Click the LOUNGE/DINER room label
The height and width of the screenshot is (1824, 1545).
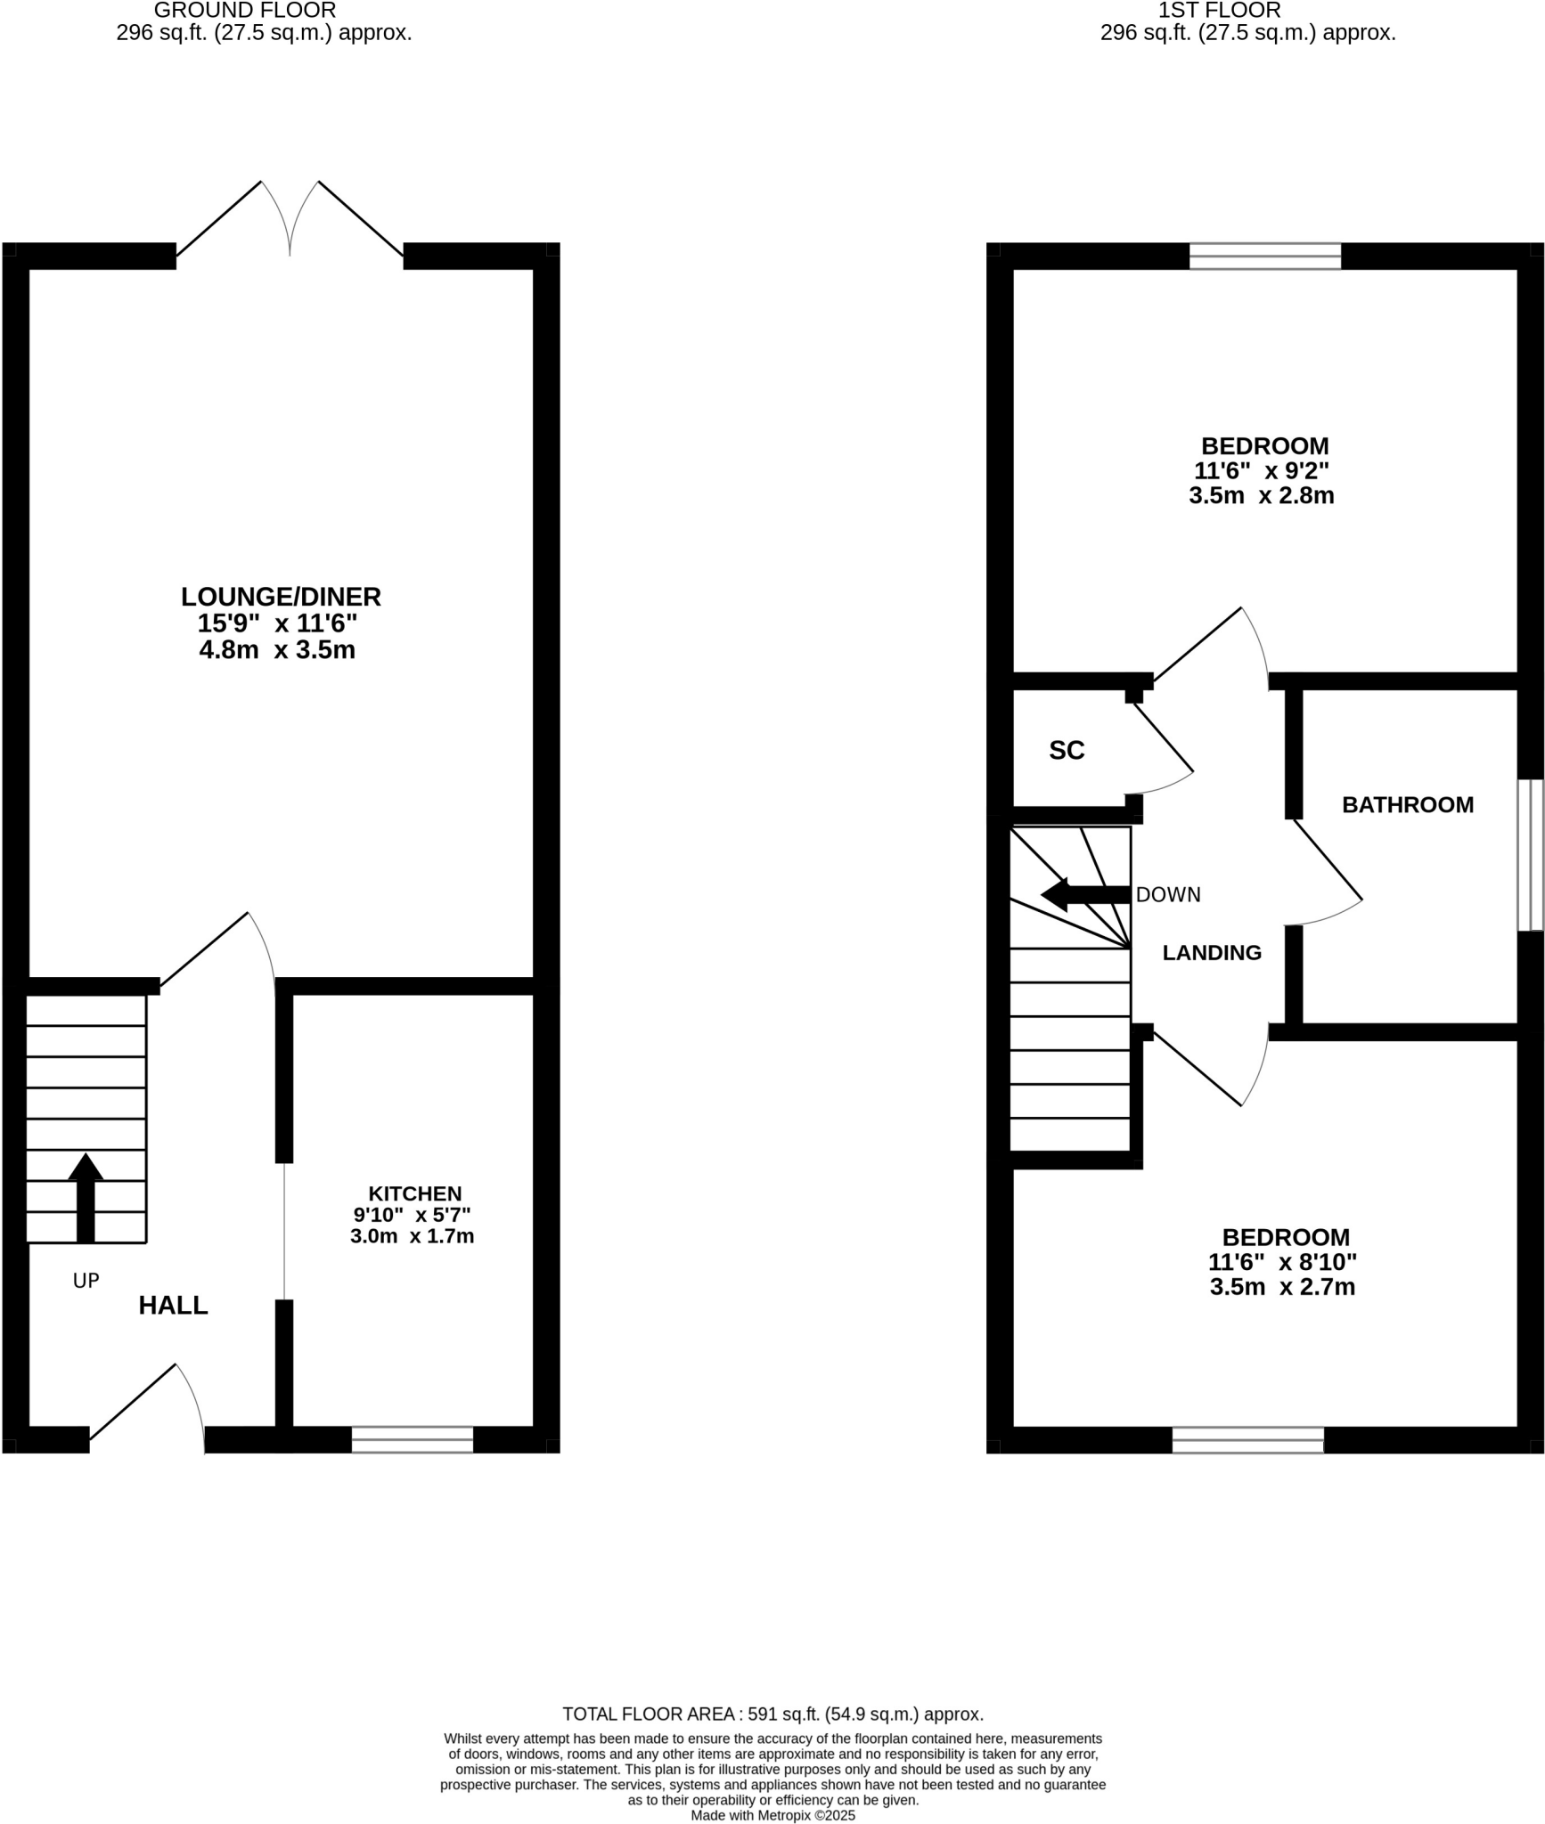pos(281,597)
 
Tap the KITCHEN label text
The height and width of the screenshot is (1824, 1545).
pos(415,1193)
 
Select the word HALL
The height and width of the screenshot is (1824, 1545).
pos(173,1306)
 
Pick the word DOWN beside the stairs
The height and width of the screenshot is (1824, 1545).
pos(1168,895)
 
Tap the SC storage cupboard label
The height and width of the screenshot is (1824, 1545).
pos(1067,751)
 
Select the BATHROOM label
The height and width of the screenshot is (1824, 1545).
pos(1408,805)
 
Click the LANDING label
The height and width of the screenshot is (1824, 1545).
pos(1212,953)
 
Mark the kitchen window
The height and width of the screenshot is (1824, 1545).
pos(413,1439)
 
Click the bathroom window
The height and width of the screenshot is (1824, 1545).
pos(1531,855)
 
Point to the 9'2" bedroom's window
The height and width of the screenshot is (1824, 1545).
pos(1265,256)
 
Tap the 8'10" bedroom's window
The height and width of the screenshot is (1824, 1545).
pos(1247,1439)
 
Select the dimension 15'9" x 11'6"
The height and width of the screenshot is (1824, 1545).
pos(277,623)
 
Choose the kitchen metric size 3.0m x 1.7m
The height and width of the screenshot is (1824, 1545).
pos(412,1236)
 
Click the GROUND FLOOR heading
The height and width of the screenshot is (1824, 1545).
pos(245,11)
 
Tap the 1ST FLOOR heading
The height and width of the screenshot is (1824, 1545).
pos(1220,11)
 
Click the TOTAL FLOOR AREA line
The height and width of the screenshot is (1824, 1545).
pos(772,1714)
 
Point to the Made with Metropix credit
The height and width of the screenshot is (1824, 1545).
pos(772,1815)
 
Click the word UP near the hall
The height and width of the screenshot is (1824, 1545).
pos(86,1281)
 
